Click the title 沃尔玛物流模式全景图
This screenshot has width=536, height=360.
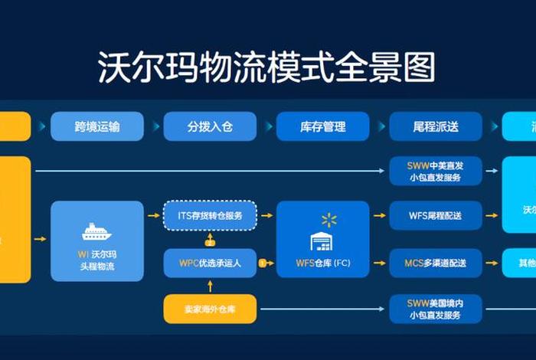(x=267, y=67)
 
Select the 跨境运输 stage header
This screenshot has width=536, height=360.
(x=97, y=126)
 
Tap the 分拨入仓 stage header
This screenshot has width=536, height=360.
(x=210, y=126)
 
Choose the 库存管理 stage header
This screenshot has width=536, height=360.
(x=322, y=126)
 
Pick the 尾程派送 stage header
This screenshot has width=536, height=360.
(x=435, y=126)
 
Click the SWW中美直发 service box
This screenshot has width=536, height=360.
(x=435, y=171)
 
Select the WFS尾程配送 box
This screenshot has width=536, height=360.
(x=435, y=216)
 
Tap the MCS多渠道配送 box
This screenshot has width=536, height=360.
(x=435, y=263)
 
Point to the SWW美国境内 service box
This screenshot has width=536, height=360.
(x=435, y=309)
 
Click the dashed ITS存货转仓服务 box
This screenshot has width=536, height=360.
(x=210, y=216)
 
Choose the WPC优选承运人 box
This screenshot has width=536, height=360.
(x=210, y=263)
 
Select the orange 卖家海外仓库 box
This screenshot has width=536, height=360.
(x=210, y=309)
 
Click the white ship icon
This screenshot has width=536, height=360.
(x=96, y=231)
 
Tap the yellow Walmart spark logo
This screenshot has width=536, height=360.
(x=329, y=221)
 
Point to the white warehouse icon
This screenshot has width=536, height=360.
(x=322, y=241)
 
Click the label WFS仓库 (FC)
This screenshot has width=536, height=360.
(x=322, y=263)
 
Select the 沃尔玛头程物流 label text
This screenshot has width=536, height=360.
(x=97, y=260)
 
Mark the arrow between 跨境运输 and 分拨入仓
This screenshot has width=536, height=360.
(x=153, y=126)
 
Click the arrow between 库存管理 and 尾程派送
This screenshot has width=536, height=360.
(x=379, y=126)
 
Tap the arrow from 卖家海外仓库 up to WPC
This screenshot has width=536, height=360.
(x=210, y=286)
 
